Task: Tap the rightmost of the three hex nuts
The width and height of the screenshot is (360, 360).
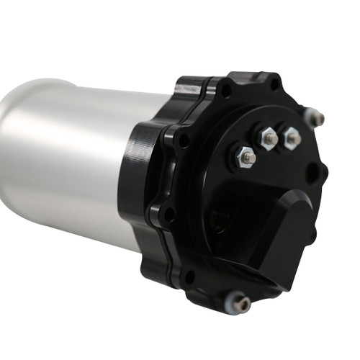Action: (x=292, y=138)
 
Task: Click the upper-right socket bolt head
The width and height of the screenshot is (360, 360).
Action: (x=316, y=117)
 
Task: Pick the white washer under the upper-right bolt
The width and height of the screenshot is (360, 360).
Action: (x=309, y=117)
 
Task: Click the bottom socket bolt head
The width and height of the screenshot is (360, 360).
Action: (x=243, y=305)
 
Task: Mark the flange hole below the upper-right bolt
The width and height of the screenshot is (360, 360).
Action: (x=312, y=174)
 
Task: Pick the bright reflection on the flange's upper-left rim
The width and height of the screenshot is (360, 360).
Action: (x=189, y=87)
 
